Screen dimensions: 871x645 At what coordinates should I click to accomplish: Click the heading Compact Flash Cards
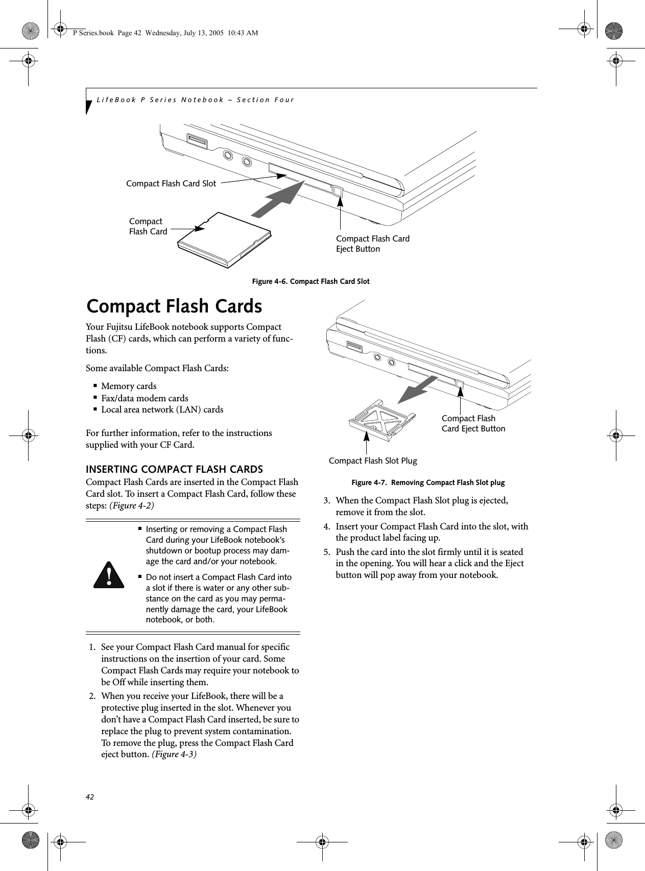[x=174, y=306]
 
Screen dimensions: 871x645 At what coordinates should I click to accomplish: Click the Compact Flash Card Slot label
[x=171, y=183]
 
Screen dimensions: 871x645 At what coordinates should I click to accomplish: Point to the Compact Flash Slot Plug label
[x=373, y=461]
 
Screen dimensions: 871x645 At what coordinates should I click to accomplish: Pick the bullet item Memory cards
[x=129, y=386]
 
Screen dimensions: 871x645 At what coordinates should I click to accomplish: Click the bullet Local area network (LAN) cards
[x=162, y=409]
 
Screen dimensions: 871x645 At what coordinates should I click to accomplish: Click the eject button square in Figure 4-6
[x=338, y=191]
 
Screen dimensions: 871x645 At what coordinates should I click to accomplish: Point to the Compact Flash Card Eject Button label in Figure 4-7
[x=473, y=424]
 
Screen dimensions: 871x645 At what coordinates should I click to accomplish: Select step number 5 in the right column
[x=324, y=552]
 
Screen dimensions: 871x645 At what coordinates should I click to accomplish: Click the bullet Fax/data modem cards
[x=145, y=398]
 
